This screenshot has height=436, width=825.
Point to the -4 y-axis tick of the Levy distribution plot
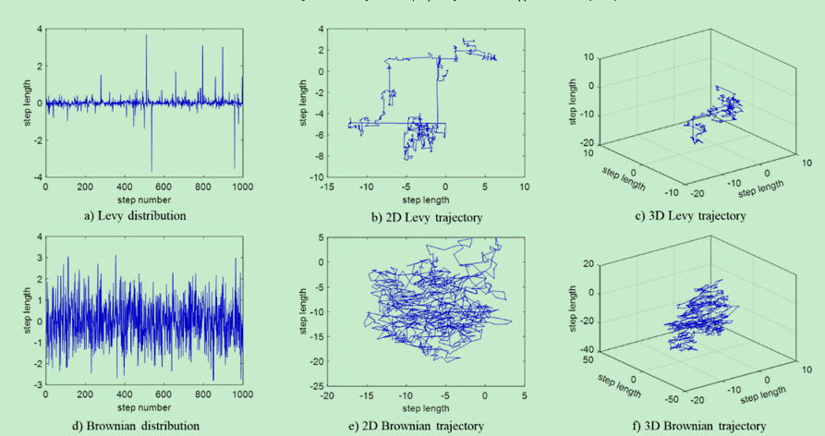37,176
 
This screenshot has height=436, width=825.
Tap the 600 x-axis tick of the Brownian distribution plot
164,394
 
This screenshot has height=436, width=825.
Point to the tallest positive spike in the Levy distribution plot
146,35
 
